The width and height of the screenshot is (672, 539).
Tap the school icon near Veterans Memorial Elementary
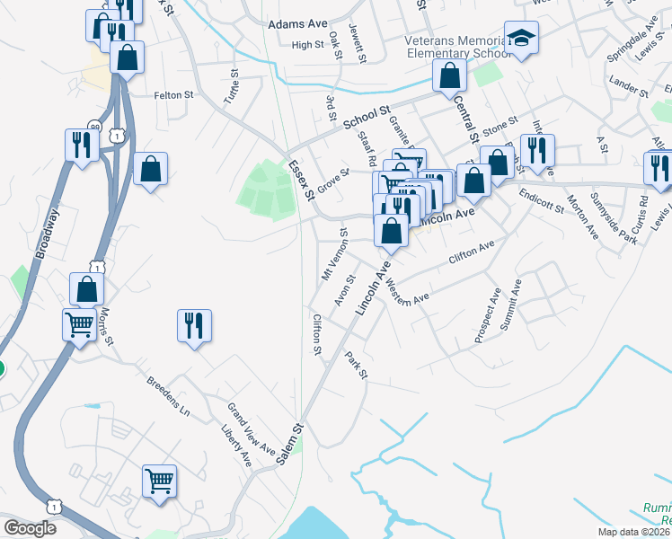click(x=519, y=39)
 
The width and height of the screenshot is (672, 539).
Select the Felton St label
click(x=173, y=94)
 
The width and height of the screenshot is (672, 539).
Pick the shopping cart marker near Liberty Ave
click(x=160, y=481)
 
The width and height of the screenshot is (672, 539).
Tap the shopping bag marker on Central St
click(x=449, y=78)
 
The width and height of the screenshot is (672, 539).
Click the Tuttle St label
click(x=232, y=88)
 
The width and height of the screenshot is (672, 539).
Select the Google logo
click(x=30, y=528)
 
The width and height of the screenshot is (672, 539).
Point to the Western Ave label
click(x=409, y=292)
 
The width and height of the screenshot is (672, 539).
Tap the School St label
click(x=367, y=117)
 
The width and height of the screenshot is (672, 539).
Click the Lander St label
click(x=628, y=87)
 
